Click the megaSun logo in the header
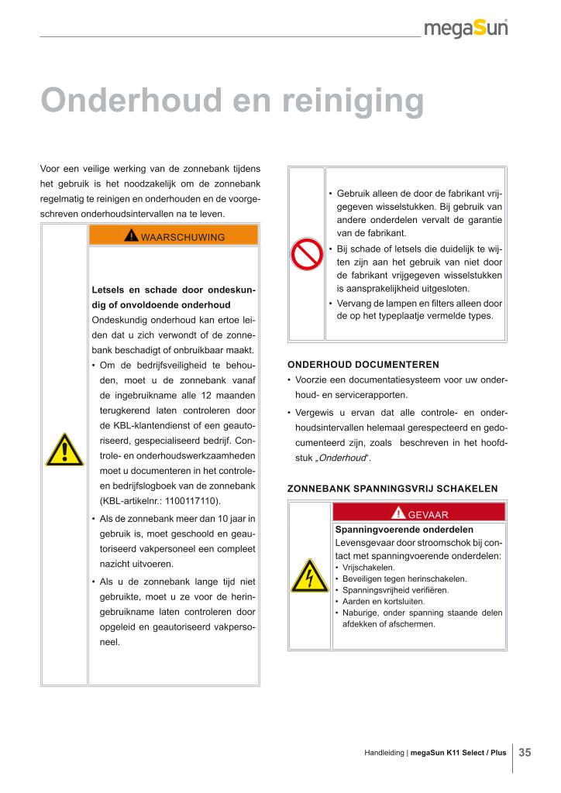pos(472,29)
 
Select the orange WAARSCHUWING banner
pos(173,235)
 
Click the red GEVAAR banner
pos(418,513)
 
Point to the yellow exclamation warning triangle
pos(64,449)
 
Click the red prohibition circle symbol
pos(306,252)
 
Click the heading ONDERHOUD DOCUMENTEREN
pos(363,364)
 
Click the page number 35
pos(525,752)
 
